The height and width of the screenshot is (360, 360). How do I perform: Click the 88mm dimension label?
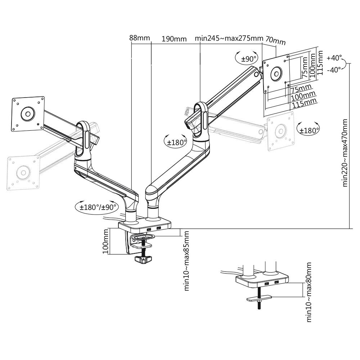(x=139, y=37)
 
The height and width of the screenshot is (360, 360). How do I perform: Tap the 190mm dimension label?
(x=174, y=39)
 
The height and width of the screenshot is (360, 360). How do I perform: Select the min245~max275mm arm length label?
(x=229, y=38)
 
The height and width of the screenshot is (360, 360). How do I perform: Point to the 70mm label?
(x=275, y=40)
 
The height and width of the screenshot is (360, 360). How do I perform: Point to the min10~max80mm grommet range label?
(x=309, y=292)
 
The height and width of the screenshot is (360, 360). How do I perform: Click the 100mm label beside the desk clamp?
(x=105, y=242)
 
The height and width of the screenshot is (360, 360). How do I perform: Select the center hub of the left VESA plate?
(x=27, y=113)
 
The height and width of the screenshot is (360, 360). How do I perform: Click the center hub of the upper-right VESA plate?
(x=276, y=74)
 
